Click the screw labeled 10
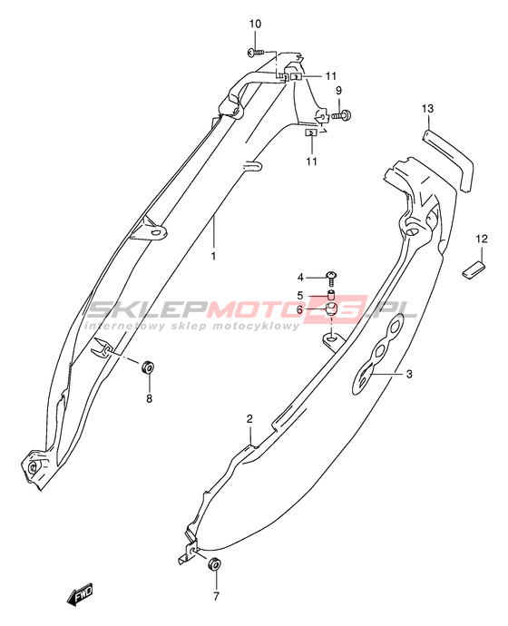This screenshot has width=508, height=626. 256,52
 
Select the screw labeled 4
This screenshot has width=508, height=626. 331,278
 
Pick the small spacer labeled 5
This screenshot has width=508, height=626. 331,297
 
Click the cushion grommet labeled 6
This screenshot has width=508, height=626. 331,309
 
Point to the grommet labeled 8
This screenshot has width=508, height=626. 148,367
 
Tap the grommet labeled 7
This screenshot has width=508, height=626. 214,564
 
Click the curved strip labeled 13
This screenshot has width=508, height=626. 448,158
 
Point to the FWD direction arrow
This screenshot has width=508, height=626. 80,593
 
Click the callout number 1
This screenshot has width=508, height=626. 213,256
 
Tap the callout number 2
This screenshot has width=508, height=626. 249,419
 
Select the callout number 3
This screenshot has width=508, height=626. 409,374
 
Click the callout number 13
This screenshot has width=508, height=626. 427,109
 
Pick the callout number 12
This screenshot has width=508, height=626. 482,239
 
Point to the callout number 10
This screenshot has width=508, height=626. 256,24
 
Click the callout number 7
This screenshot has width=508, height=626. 216,596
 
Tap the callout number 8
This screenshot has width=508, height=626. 150,398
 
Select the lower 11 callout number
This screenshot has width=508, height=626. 311,161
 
